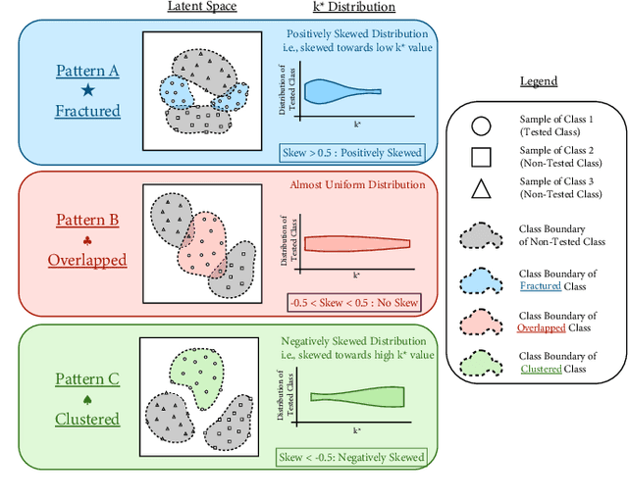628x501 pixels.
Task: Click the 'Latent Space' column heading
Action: [x=202, y=7]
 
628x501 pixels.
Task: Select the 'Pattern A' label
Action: [x=87, y=71]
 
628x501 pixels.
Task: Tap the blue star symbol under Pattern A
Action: [x=87, y=91]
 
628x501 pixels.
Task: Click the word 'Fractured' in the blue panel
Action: [x=87, y=111]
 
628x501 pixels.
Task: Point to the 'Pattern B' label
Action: [x=87, y=220]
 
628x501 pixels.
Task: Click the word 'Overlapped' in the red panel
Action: [x=87, y=260]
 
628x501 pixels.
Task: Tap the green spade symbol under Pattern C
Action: [x=87, y=399]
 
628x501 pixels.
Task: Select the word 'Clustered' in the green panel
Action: [x=87, y=419]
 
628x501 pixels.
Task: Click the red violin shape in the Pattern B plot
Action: [x=355, y=243]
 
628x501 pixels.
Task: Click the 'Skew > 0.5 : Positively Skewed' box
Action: [x=350, y=152]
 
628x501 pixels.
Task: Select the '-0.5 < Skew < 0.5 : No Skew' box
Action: [x=352, y=303]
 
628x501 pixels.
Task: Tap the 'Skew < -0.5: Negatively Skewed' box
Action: [x=350, y=457]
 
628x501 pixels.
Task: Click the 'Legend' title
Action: [x=538, y=81]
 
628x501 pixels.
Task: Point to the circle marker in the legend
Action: [x=482, y=125]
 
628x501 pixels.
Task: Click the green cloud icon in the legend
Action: [x=482, y=362]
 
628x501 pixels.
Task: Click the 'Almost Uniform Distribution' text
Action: [x=357, y=184]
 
